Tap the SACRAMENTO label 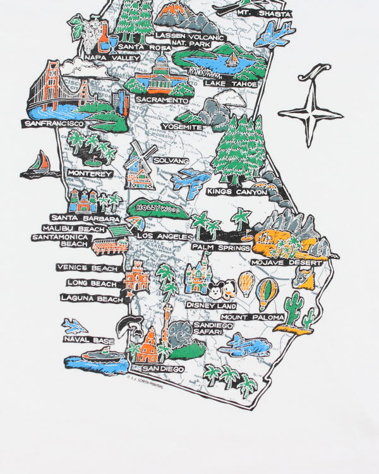162,100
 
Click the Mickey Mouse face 219,291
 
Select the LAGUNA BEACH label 92,298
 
